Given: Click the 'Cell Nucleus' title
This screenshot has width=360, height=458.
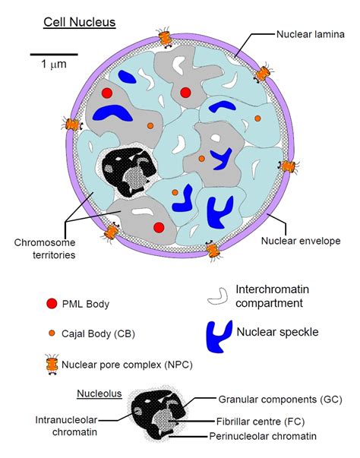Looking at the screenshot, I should click(x=80, y=22).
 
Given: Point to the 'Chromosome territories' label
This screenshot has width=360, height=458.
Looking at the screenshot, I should click(x=44, y=249).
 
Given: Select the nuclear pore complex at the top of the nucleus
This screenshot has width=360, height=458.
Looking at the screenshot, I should click(x=164, y=37).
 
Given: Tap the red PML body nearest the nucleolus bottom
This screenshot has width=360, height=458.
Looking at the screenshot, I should click(x=159, y=227).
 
